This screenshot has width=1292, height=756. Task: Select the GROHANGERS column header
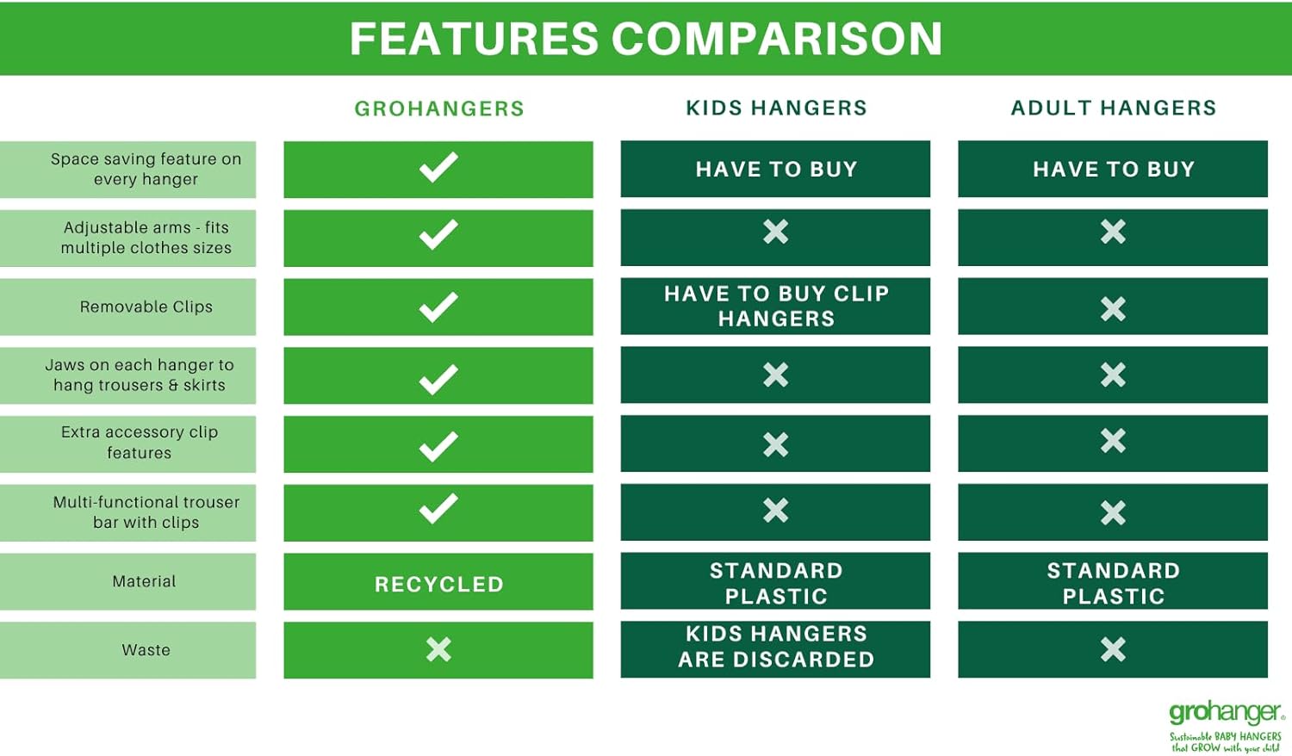(x=439, y=108)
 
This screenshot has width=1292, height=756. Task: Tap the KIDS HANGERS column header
(x=776, y=108)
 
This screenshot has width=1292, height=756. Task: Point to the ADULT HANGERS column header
(x=1114, y=108)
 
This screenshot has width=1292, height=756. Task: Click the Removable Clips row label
(x=146, y=307)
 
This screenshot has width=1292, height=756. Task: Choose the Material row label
(x=144, y=581)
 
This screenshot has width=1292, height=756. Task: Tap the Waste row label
(x=146, y=650)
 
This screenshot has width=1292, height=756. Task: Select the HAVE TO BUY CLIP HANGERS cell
(x=776, y=307)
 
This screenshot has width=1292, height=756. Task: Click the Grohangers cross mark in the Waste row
(x=439, y=649)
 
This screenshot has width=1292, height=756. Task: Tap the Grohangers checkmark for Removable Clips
(x=438, y=307)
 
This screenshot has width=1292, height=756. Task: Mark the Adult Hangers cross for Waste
(x=1113, y=649)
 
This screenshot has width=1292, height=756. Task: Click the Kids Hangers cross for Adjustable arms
(x=776, y=232)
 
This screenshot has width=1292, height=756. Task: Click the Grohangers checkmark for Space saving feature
(x=438, y=167)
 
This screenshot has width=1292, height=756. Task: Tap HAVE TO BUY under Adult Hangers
(x=1114, y=169)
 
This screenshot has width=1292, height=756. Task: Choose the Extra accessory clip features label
(x=140, y=443)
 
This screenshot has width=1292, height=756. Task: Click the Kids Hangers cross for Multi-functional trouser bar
(x=776, y=511)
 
